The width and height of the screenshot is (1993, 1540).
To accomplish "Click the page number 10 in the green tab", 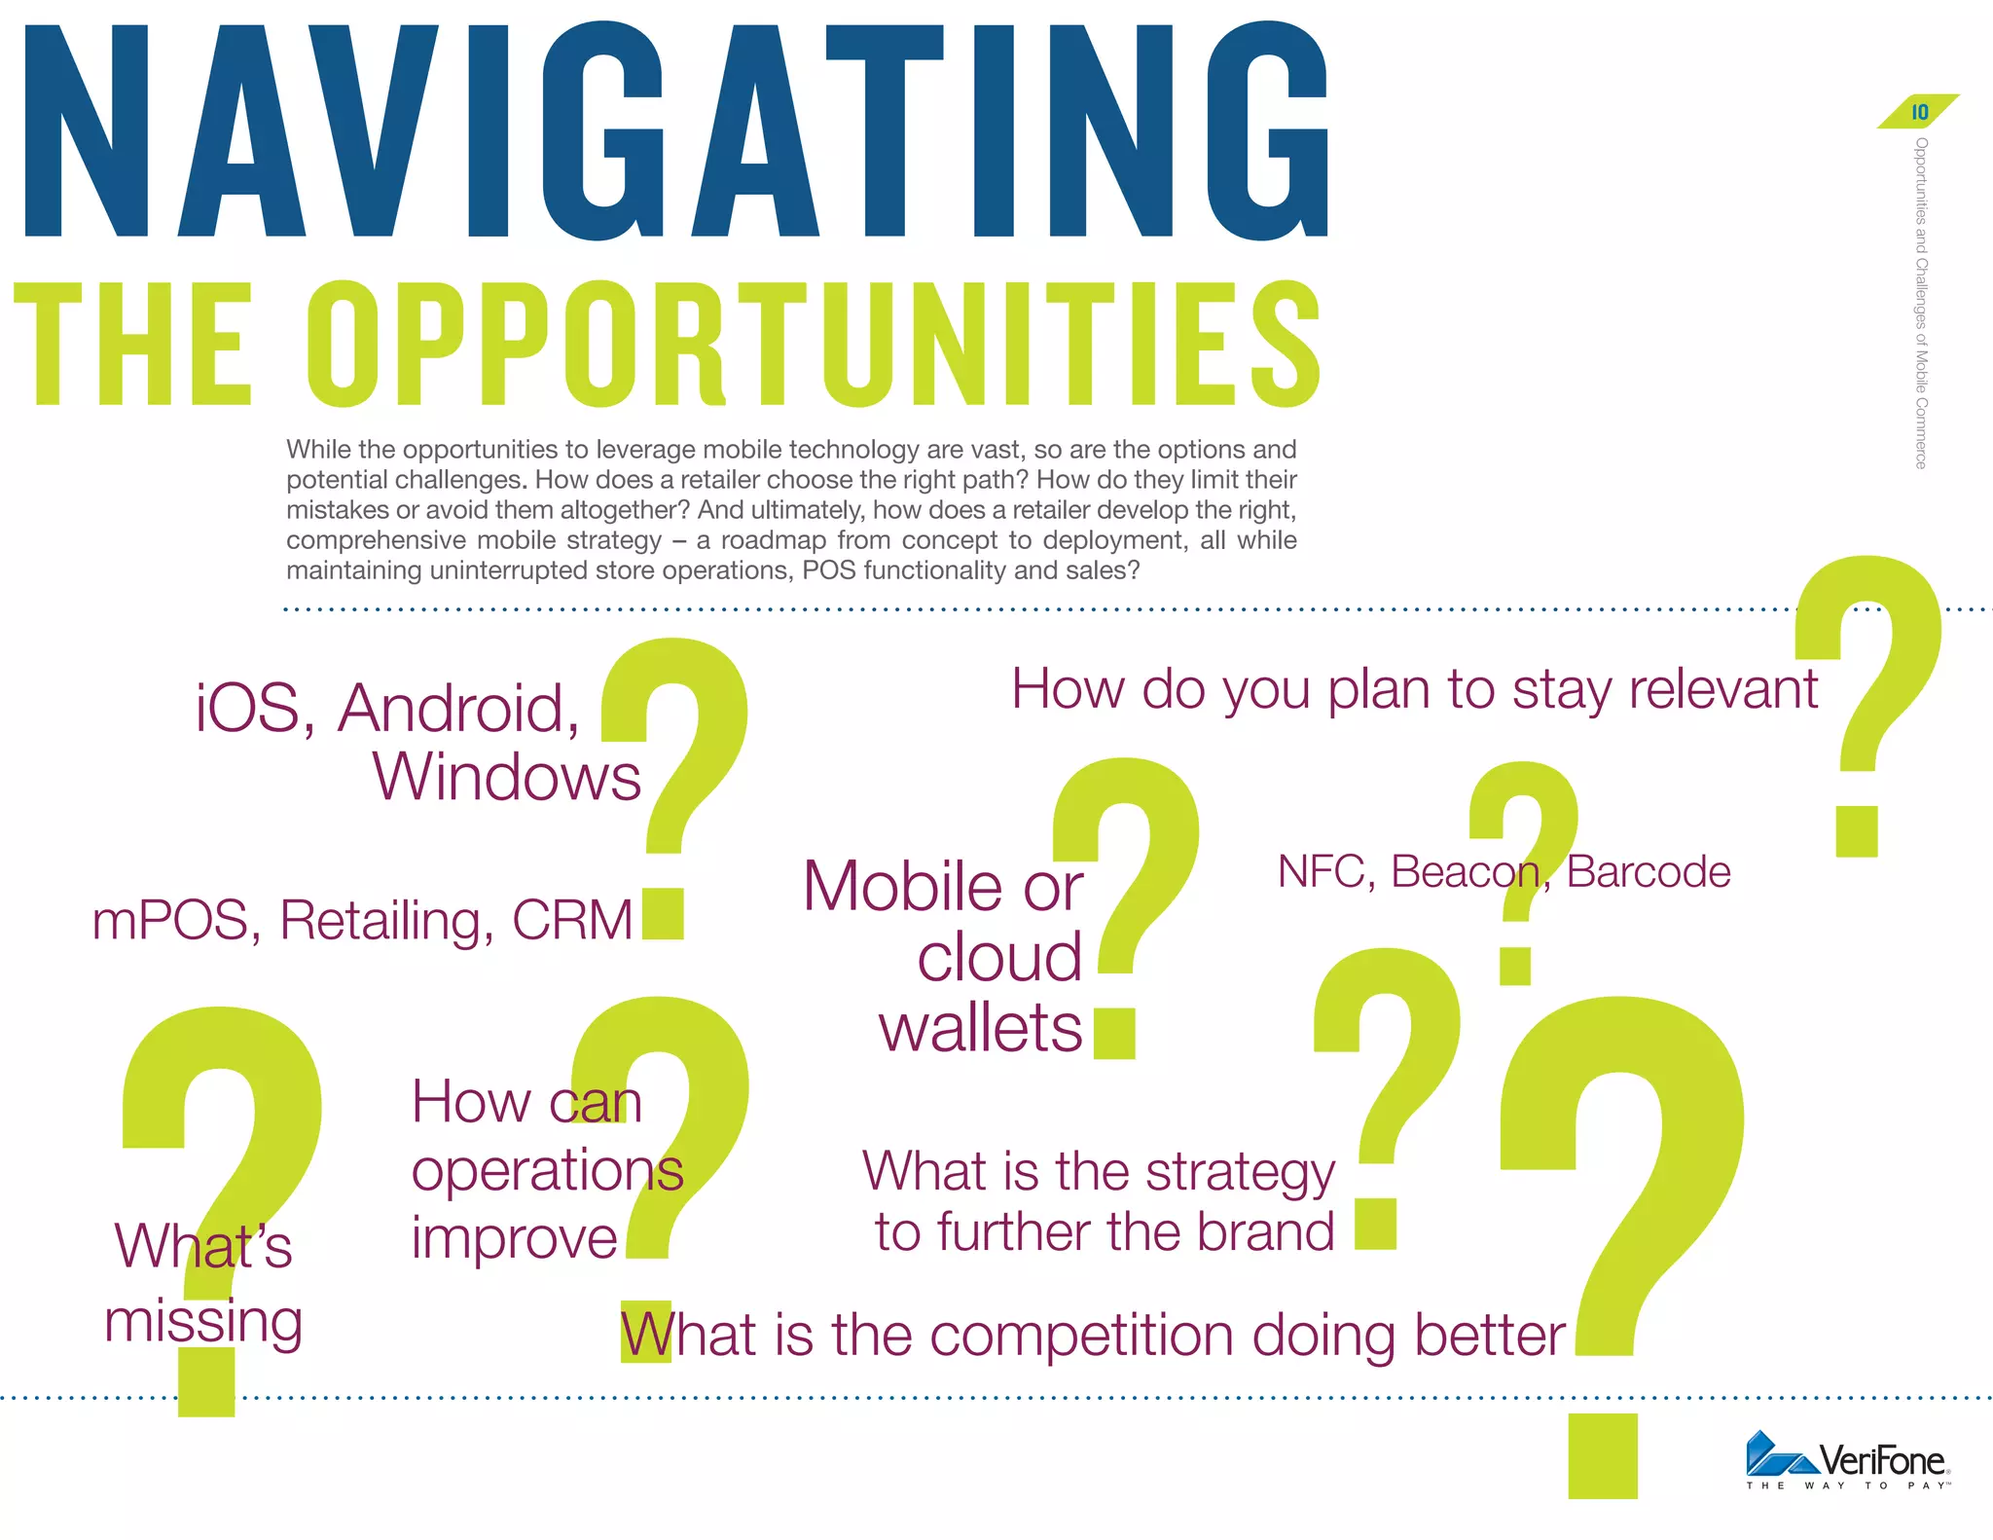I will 1919,112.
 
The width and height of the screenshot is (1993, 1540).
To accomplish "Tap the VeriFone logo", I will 1847,1460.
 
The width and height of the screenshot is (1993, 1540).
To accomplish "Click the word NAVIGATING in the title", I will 675,131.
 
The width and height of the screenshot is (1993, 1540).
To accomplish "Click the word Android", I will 458,708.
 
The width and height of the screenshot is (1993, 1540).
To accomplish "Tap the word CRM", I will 572,920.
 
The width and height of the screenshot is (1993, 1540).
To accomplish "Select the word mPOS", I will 171,920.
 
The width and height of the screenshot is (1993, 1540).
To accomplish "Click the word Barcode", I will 1649,871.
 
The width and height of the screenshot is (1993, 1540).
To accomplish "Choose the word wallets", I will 981,1028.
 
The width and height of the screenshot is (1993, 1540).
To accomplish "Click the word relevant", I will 1722,689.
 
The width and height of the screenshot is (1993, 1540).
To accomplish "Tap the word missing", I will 203,1322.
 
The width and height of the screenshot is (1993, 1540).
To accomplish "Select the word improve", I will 515,1238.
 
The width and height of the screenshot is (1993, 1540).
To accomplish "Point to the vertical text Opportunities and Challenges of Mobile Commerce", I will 1921,303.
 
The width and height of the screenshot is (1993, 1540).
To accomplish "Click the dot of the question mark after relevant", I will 1856,831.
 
